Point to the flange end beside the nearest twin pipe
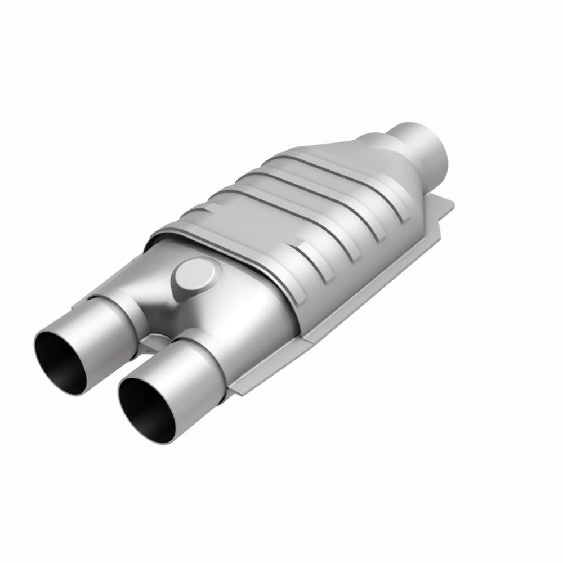click(242, 383)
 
